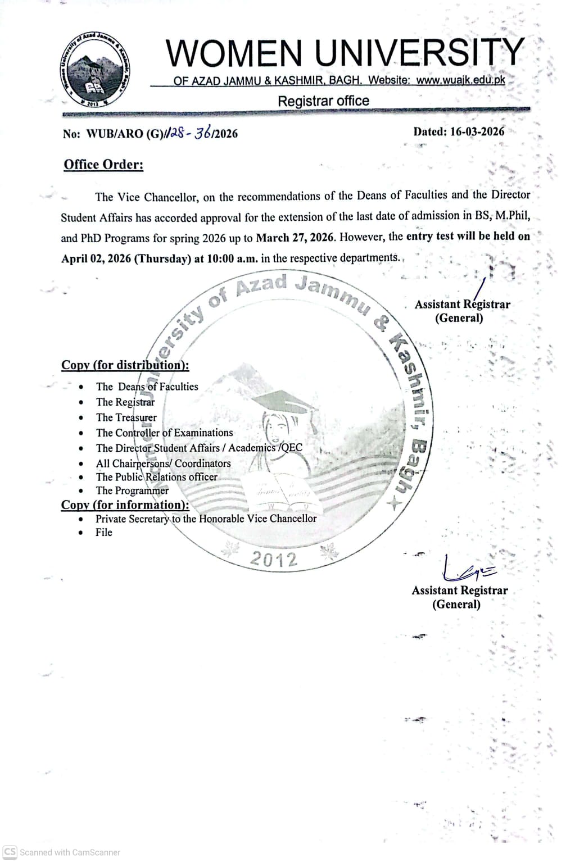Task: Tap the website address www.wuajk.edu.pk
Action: pos(461,80)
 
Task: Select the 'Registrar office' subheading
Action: pos(323,101)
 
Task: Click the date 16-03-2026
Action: pos(475,131)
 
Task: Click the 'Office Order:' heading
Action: pos(103,165)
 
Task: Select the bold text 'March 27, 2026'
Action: pos(295,237)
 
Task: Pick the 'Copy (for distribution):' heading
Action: pos(125,365)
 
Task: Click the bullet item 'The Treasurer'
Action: pos(126,417)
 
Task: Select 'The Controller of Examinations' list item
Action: pos(164,433)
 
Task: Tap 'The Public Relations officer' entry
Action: pos(156,477)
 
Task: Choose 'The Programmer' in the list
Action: pos(132,490)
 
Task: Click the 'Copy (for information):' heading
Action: pos(125,505)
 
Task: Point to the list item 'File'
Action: pos(104,532)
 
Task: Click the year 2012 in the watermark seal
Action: pos(273,559)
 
